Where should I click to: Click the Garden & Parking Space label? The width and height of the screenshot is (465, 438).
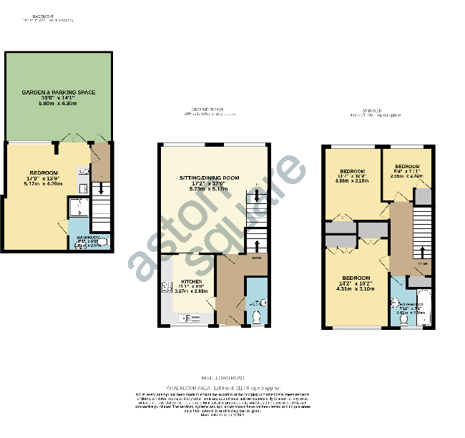pos(58,92)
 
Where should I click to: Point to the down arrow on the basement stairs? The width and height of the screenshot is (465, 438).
pos(102,189)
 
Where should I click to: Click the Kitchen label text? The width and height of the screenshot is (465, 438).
pos(190,282)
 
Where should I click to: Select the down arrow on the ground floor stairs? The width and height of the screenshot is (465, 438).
pos(258,196)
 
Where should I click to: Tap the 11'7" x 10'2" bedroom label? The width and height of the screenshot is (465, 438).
pos(353,172)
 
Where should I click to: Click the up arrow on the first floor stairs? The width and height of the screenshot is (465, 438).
pos(421,253)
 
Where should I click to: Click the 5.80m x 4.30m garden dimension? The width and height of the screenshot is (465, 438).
pos(58,104)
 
